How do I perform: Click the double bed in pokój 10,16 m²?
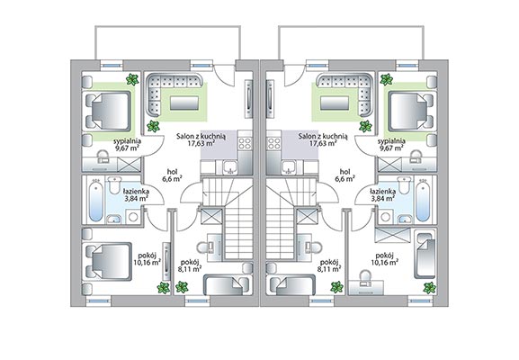[x=109, y=261]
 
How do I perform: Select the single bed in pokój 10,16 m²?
[x=425, y=256]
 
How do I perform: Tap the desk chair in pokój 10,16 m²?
[x=365, y=275]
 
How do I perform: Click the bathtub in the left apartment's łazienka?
[x=96, y=199]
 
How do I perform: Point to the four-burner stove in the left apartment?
[x=245, y=143]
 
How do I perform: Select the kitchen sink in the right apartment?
[x=290, y=167]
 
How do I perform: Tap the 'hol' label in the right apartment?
[x=345, y=172]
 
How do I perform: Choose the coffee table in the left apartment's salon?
[x=184, y=103]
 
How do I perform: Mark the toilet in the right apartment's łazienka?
[x=404, y=184]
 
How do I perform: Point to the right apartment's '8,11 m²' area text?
[x=329, y=269]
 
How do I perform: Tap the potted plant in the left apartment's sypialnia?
[x=132, y=79]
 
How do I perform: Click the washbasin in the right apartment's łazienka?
[x=405, y=219]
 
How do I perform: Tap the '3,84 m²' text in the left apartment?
[x=137, y=198]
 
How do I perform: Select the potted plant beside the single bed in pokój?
[x=429, y=287]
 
